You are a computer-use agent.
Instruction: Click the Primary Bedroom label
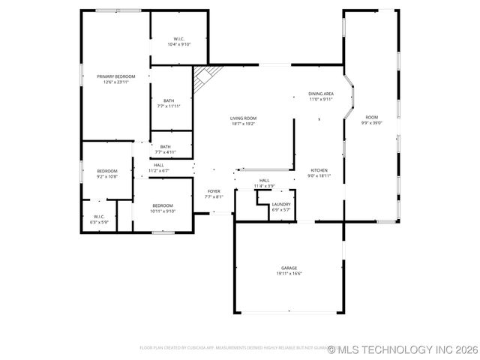(115, 76)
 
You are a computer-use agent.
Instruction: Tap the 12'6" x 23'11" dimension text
(115, 82)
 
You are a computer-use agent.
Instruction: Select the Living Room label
(243, 118)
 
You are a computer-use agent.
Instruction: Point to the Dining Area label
(321, 94)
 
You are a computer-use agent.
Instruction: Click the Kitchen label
(319, 171)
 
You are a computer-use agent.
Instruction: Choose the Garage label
(289, 268)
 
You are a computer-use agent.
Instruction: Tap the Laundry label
(281, 204)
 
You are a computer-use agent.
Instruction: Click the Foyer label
(214, 192)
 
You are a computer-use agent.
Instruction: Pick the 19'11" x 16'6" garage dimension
(289, 273)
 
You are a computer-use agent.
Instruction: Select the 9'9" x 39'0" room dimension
(372, 122)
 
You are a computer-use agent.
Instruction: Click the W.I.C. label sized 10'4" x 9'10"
(179, 39)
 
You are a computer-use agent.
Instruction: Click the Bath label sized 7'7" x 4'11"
(165, 147)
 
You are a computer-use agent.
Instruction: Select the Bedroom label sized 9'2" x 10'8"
(107, 171)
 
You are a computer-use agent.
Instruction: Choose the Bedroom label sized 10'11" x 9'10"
(163, 205)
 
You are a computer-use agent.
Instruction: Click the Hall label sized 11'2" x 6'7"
(159, 165)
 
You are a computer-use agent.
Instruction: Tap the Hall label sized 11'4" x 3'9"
(264, 181)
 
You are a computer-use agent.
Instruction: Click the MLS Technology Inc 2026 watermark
(403, 349)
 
